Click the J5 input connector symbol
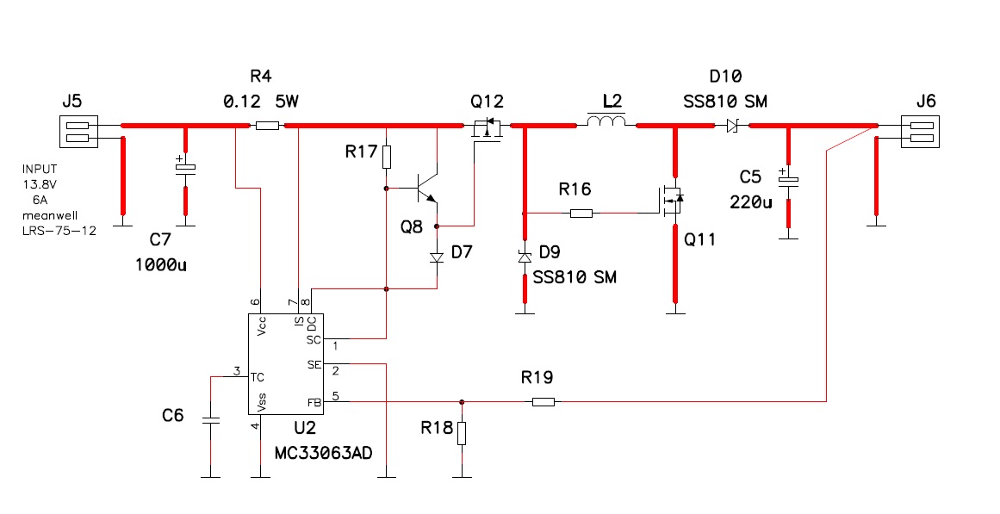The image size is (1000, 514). click(x=78, y=132)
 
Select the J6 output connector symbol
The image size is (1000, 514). click(x=920, y=132)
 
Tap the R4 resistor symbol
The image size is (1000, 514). click(x=267, y=126)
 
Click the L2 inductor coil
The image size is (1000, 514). click(x=606, y=121)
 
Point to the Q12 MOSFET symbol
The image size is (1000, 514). click(x=486, y=128)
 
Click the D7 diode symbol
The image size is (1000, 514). click(x=437, y=257)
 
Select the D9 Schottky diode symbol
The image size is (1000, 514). click(x=525, y=257)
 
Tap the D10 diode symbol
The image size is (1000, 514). click(x=732, y=127)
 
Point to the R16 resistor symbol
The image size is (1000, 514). click(x=581, y=213)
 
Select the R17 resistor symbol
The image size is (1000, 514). click(x=387, y=157)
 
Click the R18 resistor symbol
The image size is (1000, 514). click(x=462, y=433)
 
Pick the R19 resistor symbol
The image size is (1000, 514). click(x=543, y=402)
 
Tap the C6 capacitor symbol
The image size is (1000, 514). click(x=210, y=420)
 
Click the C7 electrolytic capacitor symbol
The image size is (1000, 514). click(x=185, y=166)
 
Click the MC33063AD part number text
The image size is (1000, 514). click(x=323, y=454)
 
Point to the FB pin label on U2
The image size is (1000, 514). click(x=314, y=402)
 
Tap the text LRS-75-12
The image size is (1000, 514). click(x=59, y=230)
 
